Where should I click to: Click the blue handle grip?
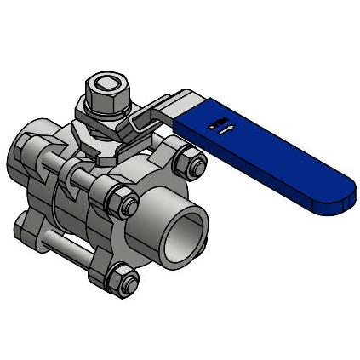point(281,162)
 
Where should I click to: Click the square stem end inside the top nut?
point(105,83)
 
